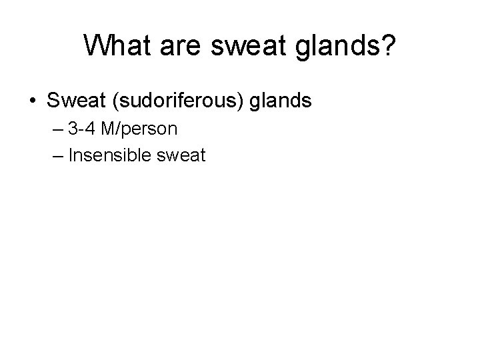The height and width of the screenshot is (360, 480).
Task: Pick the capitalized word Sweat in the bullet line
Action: tap(72, 101)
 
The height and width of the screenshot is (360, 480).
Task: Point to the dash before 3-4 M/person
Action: tap(55, 129)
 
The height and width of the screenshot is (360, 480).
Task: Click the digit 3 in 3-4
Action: tap(73, 129)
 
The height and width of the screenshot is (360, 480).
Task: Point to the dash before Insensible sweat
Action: tap(55, 156)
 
